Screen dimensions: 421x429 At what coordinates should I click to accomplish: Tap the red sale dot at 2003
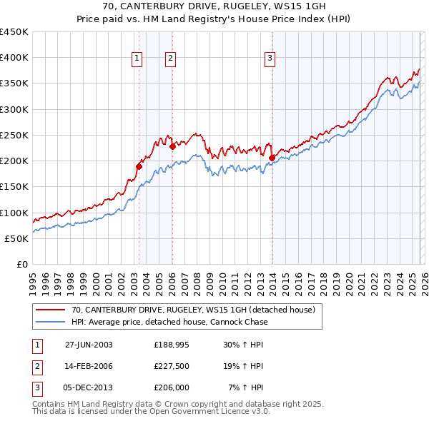click(139, 166)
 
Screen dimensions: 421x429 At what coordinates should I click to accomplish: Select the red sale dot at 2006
click(172, 147)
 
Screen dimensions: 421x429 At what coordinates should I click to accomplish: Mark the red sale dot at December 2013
click(272, 158)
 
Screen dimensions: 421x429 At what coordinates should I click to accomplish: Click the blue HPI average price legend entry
click(169, 322)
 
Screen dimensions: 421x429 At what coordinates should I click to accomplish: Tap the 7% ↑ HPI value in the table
click(246, 387)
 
